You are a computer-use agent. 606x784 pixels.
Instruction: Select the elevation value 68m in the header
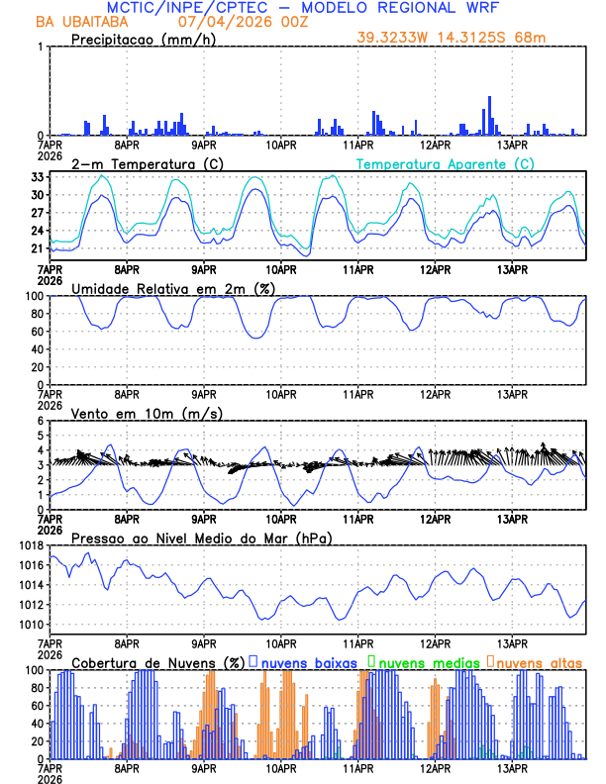point(531,38)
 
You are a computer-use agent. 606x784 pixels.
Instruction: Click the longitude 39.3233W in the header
point(396,38)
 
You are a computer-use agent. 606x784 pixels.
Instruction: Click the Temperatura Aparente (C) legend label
point(445,163)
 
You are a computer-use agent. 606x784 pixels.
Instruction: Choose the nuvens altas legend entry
point(533,661)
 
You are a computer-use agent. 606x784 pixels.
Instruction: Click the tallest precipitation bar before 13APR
point(490,115)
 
